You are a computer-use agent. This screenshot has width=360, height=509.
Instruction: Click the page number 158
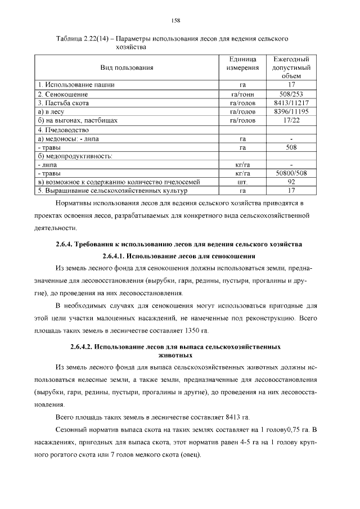(x=175, y=21)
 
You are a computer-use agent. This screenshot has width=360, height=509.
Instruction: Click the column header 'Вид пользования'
(x=127, y=67)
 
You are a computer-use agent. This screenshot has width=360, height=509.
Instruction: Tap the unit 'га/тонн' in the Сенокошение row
(x=242, y=94)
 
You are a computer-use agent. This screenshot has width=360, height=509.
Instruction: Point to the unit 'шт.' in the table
(x=242, y=182)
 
